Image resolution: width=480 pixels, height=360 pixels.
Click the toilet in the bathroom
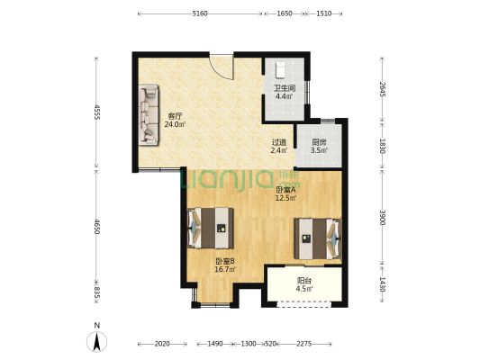[280, 70]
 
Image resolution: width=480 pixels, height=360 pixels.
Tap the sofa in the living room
[149, 114]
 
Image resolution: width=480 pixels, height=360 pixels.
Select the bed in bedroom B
[211, 228]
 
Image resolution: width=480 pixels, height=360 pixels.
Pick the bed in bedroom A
[318, 238]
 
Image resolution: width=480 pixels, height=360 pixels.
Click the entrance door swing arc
[224, 71]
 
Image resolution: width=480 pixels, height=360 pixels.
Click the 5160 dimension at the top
[200, 13]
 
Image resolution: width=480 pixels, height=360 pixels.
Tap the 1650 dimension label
[285, 13]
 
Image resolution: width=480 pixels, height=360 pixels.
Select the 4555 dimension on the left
[96, 112]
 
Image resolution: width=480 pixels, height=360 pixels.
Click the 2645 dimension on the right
[382, 89]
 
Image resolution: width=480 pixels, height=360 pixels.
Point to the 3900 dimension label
[382, 218]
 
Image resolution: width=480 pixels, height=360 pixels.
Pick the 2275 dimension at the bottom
[304, 344]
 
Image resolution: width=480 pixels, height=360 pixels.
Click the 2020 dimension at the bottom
[162, 344]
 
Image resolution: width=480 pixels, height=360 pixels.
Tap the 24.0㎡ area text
[175, 124]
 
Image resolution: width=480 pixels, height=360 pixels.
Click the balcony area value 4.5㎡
[304, 288]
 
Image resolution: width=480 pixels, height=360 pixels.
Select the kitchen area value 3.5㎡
[320, 150]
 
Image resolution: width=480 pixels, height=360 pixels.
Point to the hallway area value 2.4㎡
[279, 150]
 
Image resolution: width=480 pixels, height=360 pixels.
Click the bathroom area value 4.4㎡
[284, 96]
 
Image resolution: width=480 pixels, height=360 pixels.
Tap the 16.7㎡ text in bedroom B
[225, 269]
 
